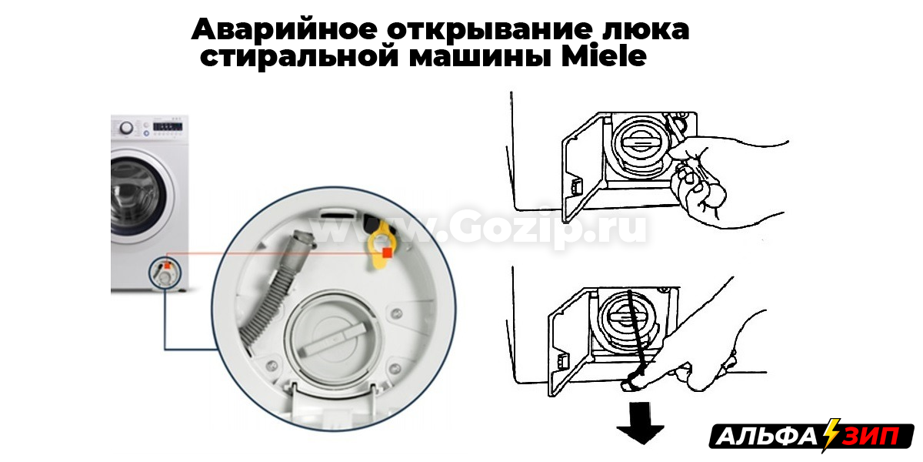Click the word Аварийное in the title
[x=285, y=30]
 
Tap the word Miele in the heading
[x=604, y=56]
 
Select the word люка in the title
[x=645, y=31]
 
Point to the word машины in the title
[x=481, y=57]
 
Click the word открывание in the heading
[x=490, y=31]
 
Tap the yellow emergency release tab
[x=382, y=246]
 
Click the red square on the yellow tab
[x=387, y=253]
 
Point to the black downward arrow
[x=640, y=423]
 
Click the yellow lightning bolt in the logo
[x=830, y=435]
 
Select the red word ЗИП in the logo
[x=870, y=437]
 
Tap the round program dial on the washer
[x=126, y=128]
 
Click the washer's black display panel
[x=168, y=125]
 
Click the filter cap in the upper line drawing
[x=638, y=142]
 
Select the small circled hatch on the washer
[x=165, y=272]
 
